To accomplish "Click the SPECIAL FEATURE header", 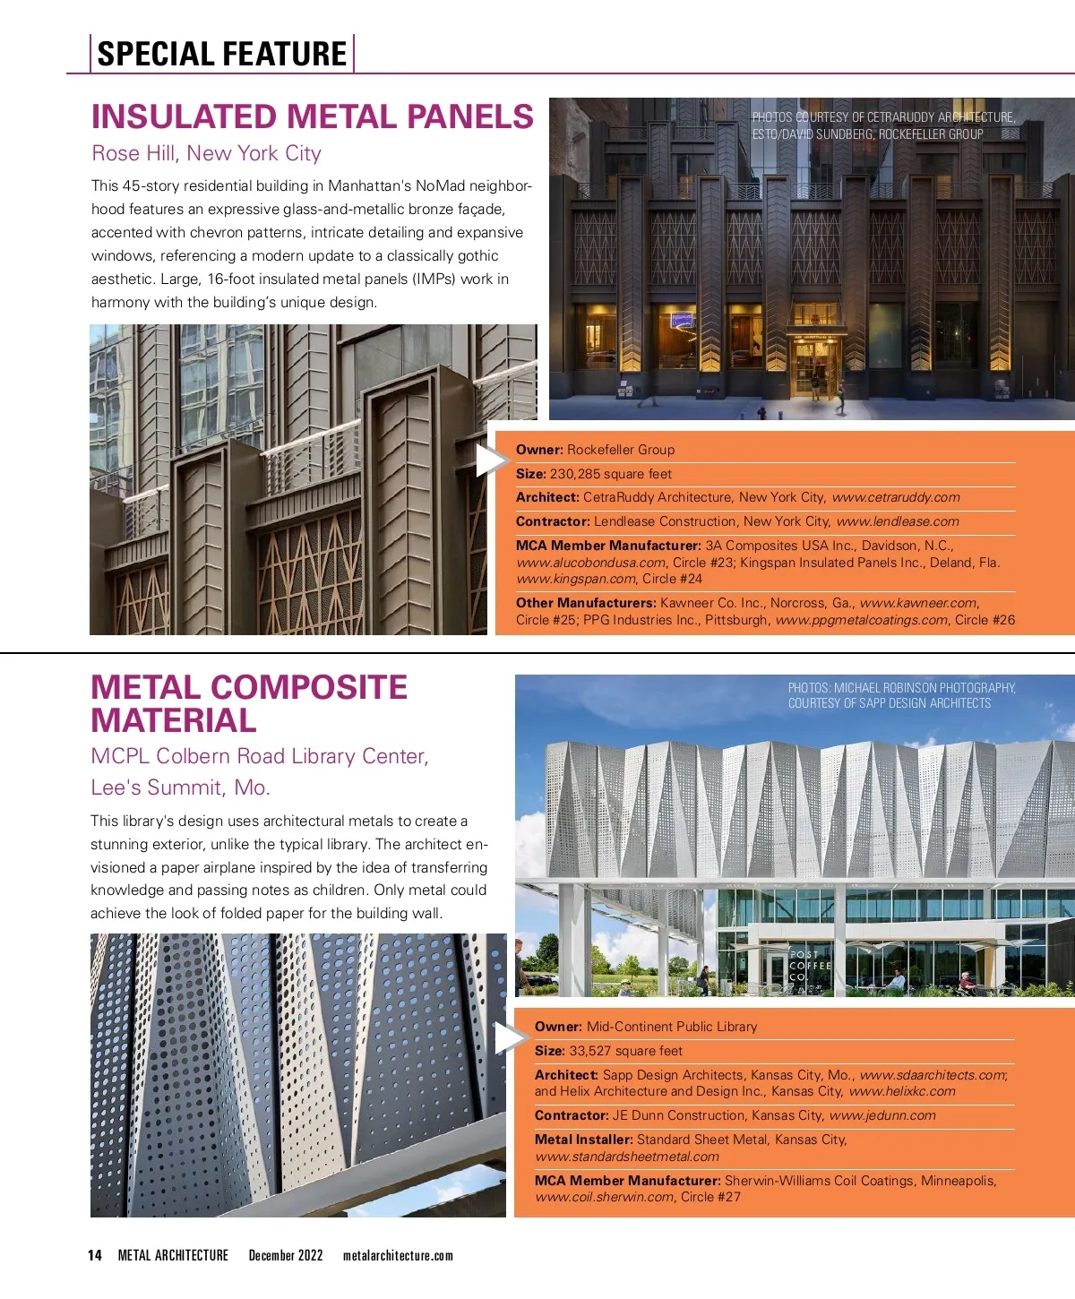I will [x=221, y=54].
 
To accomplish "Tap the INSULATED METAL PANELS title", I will [x=313, y=117].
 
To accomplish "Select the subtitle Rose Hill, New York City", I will [x=206, y=153].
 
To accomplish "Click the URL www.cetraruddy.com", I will [x=895, y=497].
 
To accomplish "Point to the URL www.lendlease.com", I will [x=897, y=521].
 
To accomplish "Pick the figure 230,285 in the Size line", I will [x=574, y=474].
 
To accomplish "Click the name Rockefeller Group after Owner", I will [x=621, y=450].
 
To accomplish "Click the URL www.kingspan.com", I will [x=576, y=579].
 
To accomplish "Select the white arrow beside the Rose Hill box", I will [x=490, y=460].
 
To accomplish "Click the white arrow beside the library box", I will [x=509, y=1038].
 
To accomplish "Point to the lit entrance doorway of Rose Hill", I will [x=815, y=366].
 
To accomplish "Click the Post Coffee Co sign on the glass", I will [x=810, y=966].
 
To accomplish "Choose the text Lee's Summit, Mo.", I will [x=180, y=787].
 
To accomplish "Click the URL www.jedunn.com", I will [x=882, y=1115].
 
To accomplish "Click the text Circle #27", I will [x=710, y=1197].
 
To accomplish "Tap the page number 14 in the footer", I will [x=95, y=1255].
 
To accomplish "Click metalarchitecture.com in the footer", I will [x=398, y=1255].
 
